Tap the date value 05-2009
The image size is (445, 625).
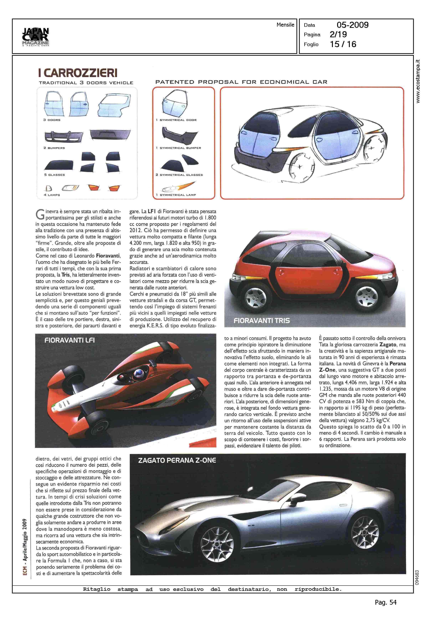point(352,25)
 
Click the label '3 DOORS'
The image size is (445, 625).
point(52,120)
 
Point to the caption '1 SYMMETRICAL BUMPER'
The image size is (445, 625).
point(179,148)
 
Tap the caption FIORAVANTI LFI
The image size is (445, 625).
point(69,340)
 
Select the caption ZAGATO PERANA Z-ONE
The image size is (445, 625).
point(177,460)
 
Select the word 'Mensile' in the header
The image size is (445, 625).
point(285,25)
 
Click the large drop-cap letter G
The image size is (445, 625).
point(40,214)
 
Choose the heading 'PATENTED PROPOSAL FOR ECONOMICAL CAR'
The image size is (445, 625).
point(241,82)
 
